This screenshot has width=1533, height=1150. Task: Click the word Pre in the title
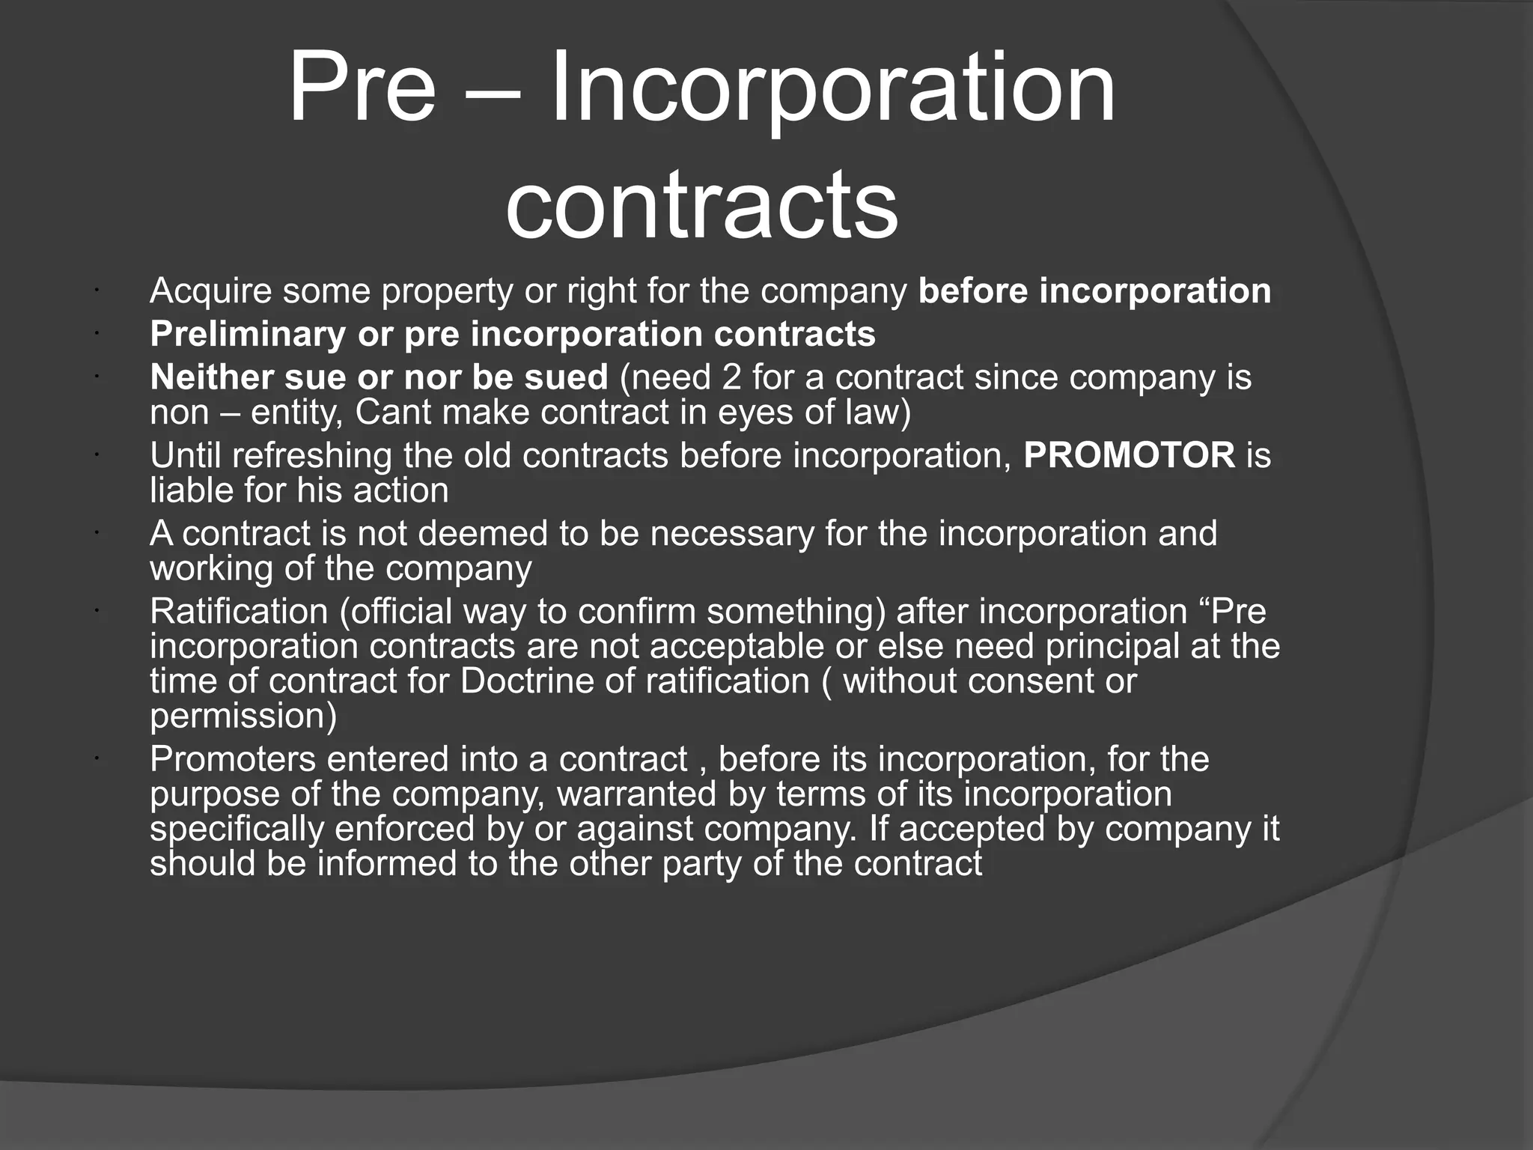tap(362, 88)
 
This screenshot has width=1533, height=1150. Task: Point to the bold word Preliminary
tap(248, 334)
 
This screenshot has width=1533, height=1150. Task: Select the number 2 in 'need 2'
tap(731, 377)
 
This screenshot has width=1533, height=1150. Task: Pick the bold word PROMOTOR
tap(1129, 455)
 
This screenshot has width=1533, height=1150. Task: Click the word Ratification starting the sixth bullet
tap(239, 611)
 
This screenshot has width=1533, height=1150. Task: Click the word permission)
tap(243, 717)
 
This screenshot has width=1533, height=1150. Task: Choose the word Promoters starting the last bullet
tap(233, 759)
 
